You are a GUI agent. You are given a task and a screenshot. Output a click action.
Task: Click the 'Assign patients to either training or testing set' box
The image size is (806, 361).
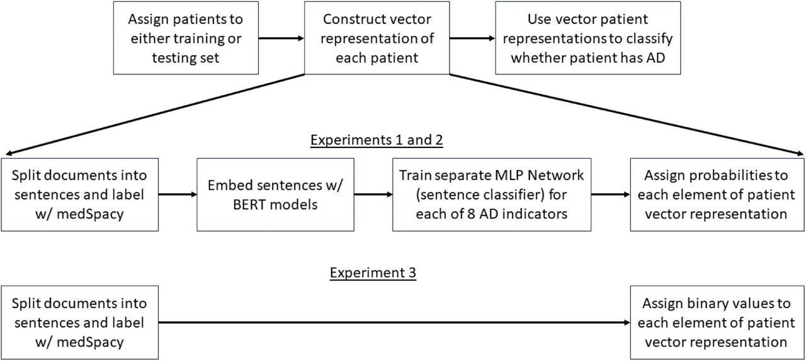click(186, 38)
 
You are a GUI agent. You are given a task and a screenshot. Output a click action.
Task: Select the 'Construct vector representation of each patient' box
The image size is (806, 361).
click(377, 38)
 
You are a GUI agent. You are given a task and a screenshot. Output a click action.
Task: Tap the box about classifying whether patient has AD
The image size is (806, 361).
click(588, 38)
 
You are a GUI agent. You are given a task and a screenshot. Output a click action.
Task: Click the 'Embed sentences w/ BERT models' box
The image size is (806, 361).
click(275, 195)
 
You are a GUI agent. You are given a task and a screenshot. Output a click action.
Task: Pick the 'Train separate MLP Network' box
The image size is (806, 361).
click(492, 195)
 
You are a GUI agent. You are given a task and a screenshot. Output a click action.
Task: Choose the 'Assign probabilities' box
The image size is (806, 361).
click(717, 195)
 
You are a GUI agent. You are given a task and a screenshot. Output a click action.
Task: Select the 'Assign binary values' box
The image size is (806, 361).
click(717, 323)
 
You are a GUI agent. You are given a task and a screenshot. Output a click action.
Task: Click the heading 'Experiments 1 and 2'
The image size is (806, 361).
click(377, 140)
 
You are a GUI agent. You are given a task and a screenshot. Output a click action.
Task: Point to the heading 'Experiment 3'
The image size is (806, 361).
click(373, 272)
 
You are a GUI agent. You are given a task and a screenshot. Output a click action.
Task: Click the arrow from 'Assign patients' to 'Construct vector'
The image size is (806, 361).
click(281, 38)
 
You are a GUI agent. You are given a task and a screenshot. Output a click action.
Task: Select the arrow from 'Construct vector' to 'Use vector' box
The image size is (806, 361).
click(472, 38)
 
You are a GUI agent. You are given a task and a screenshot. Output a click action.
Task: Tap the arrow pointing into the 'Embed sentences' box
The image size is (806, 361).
click(178, 195)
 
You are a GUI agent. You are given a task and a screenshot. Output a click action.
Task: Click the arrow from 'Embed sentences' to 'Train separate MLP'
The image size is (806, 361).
click(373, 195)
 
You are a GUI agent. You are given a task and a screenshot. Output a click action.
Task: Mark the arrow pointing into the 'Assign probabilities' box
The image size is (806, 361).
click(611, 195)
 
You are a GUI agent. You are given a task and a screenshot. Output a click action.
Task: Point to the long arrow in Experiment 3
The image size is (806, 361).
click(394, 323)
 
